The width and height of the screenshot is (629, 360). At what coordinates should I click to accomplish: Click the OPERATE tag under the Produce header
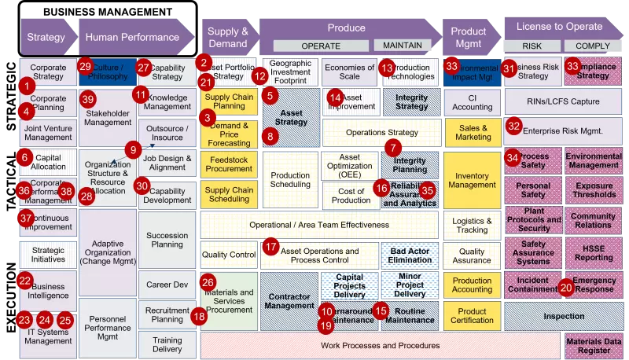click(x=321, y=46)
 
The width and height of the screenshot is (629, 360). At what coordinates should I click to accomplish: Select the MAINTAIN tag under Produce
click(x=403, y=46)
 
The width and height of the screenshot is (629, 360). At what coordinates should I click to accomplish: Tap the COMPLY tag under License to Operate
click(x=587, y=46)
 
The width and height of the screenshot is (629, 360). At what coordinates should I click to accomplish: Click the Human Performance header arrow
click(x=134, y=36)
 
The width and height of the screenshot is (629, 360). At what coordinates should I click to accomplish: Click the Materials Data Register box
click(x=595, y=345)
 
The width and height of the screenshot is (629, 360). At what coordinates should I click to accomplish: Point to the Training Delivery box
click(x=167, y=343)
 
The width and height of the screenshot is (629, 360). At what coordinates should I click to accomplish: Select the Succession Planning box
click(x=167, y=239)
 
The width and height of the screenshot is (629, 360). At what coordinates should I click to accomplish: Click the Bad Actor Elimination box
click(x=410, y=255)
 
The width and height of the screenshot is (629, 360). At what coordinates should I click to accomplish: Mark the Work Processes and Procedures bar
click(x=381, y=345)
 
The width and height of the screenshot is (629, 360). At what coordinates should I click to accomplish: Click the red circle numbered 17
click(x=271, y=247)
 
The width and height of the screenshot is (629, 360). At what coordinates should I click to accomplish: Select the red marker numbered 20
click(x=567, y=288)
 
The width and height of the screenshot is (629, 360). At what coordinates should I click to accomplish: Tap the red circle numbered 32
click(x=514, y=125)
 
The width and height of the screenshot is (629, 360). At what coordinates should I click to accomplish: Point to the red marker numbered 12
click(x=260, y=76)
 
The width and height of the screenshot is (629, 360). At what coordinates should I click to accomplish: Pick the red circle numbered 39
click(x=88, y=99)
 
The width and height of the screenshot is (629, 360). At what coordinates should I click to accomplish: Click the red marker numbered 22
click(x=24, y=280)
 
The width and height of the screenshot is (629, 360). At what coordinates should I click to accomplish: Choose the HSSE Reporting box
click(x=594, y=252)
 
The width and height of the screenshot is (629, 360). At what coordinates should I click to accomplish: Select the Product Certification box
click(x=472, y=316)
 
